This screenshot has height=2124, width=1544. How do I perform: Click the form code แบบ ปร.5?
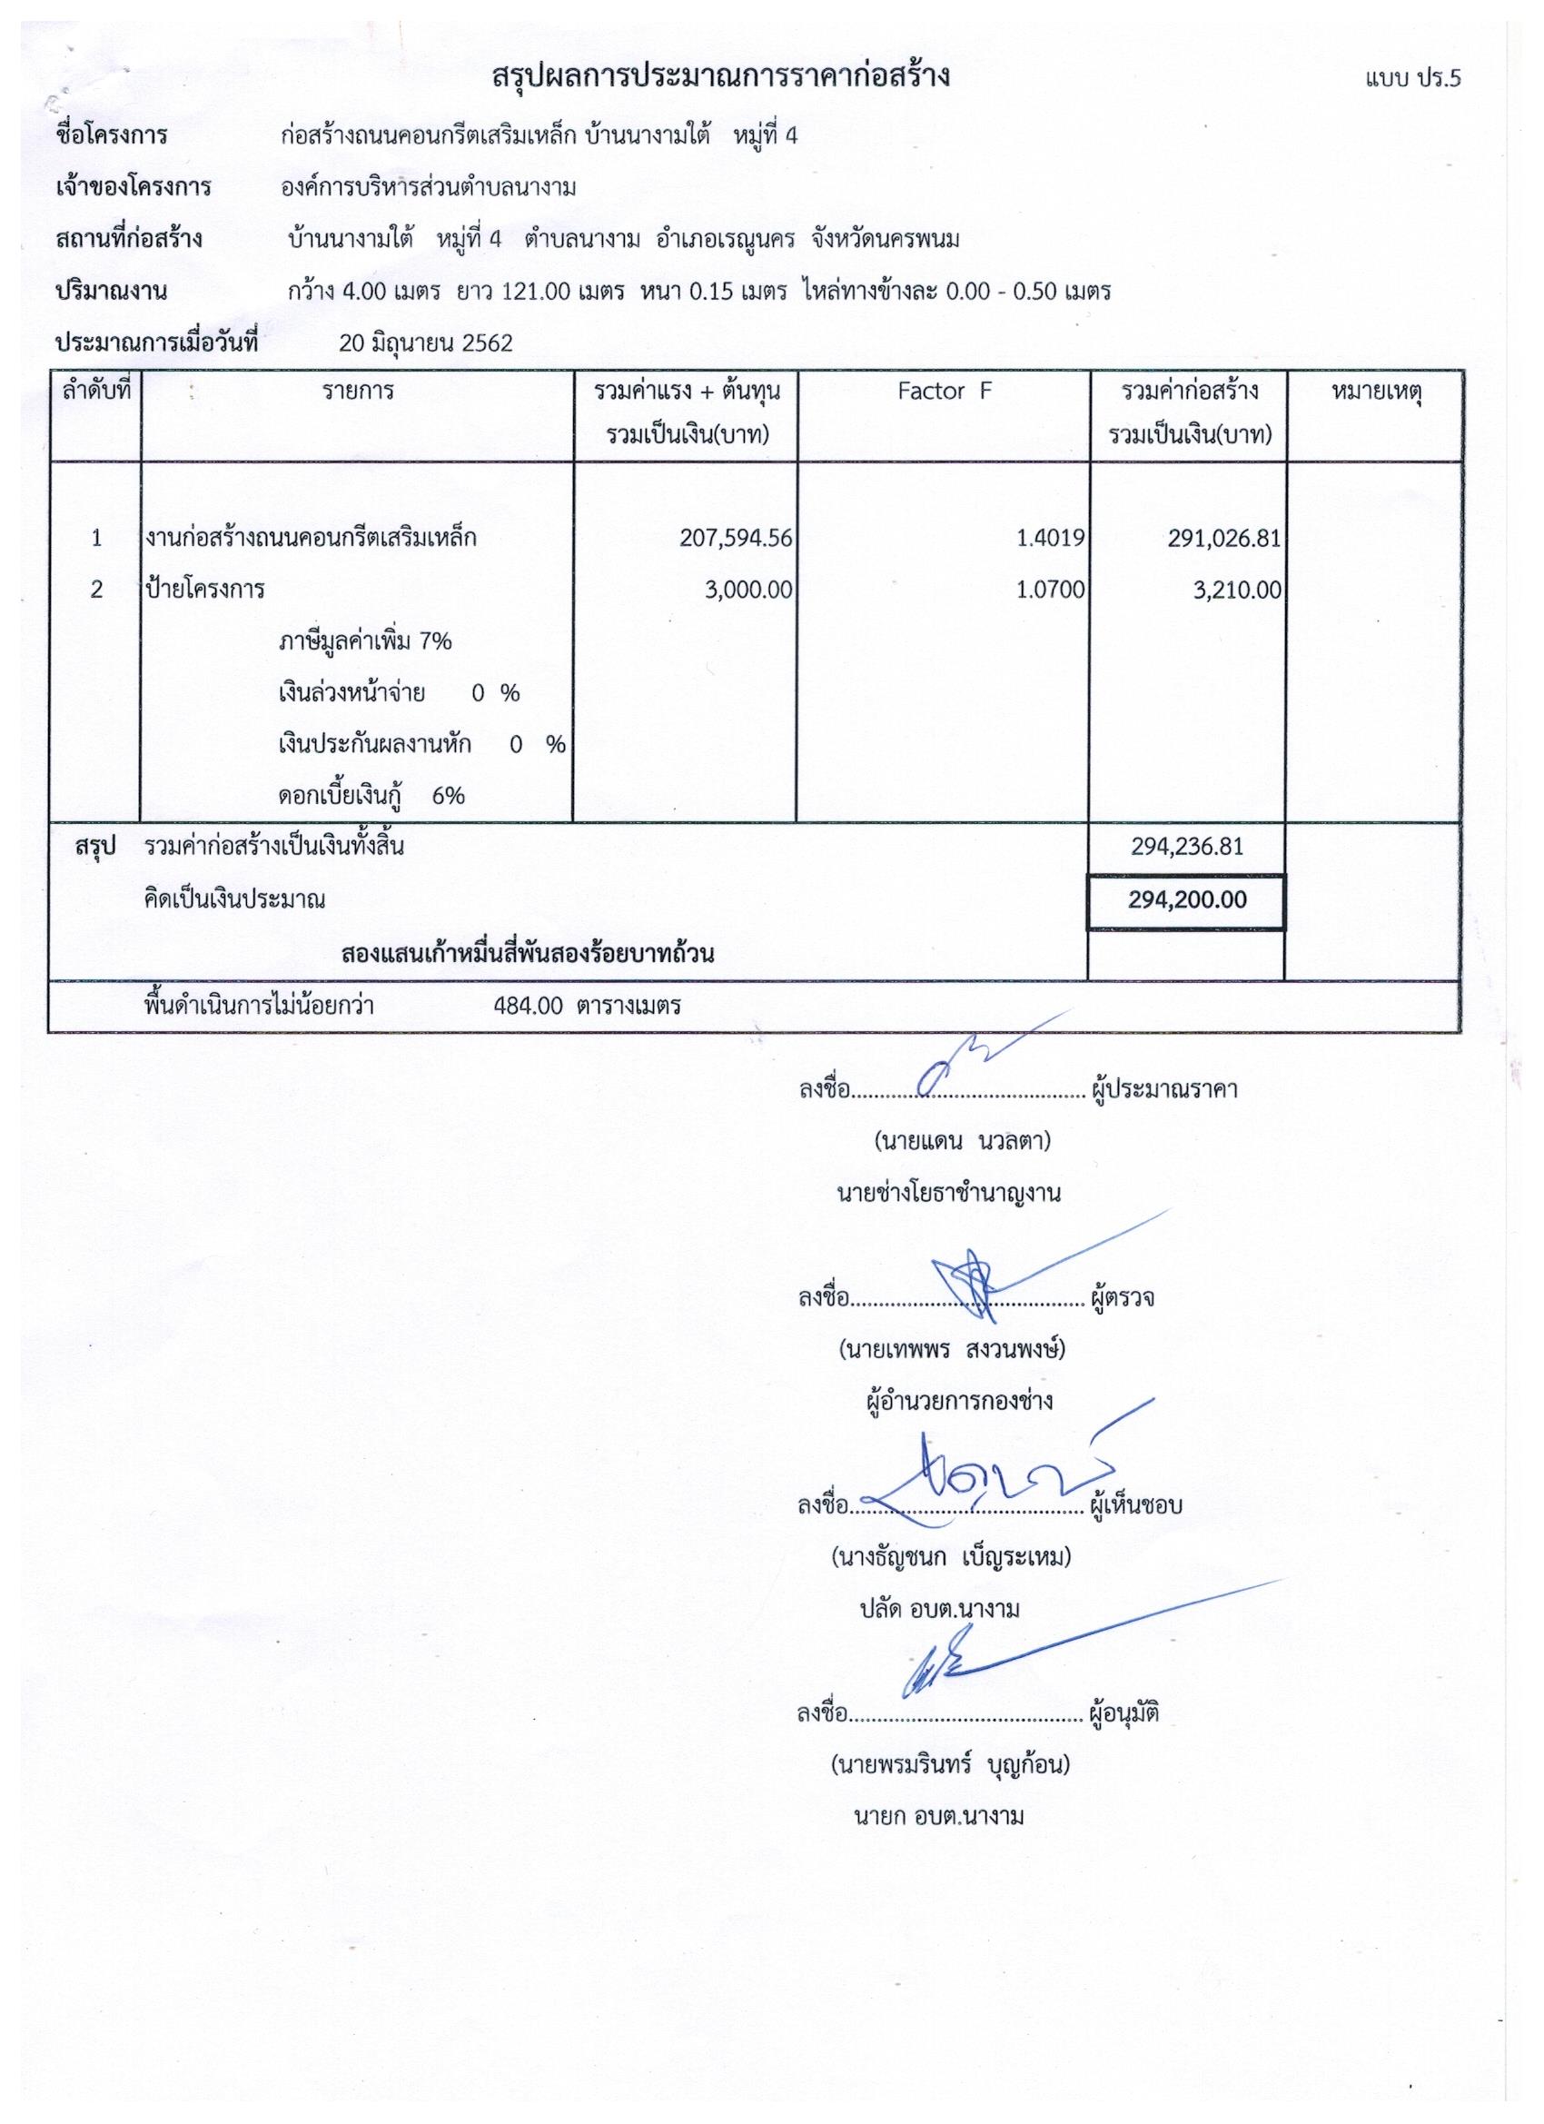(x=1412, y=78)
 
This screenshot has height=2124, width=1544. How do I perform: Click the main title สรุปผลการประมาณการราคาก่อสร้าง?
(x=721, y=76)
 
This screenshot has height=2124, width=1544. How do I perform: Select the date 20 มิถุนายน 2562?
(x=426, y=342)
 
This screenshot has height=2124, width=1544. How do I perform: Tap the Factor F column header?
(x=943, y=392)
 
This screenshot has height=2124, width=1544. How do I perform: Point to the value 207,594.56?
(x=736, y=539)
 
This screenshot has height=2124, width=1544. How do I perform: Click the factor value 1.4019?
(x=1051, y=539)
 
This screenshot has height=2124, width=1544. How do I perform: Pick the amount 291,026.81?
(x=1223, y=540)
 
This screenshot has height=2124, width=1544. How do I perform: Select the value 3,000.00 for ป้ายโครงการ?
(x=749, y=590)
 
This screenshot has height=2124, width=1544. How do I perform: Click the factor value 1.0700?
(x=1051, y=590)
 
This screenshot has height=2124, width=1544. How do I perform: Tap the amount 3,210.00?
(x=1237, y=590)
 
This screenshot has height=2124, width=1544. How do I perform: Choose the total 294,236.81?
(x=1186, y=847)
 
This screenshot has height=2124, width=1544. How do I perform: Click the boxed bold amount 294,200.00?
(x=1186, y=900)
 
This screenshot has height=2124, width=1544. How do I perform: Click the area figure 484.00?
(x=528, y=1007)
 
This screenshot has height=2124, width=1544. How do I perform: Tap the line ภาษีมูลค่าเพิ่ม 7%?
(x=365, y=641)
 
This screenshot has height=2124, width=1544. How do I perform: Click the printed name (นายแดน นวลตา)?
(x=962, y=1142)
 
